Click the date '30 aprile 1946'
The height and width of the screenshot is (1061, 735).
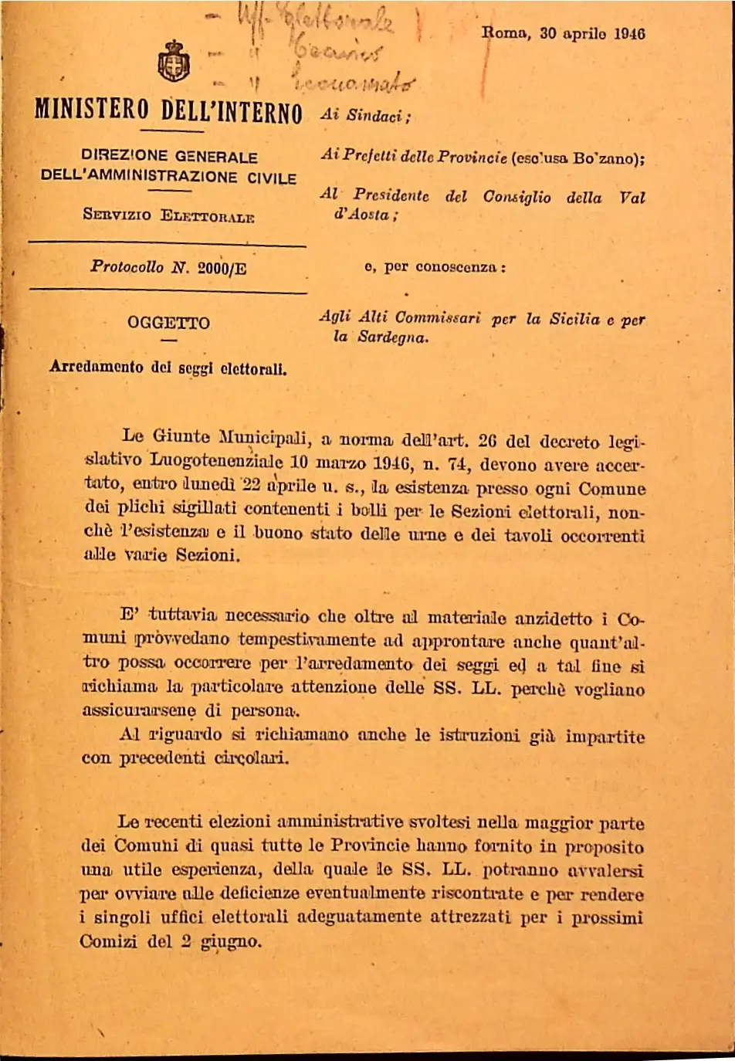592,33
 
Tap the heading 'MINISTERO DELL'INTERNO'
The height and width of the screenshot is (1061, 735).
168,111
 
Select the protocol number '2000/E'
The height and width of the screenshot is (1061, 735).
222,268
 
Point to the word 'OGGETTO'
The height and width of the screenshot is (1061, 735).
168,323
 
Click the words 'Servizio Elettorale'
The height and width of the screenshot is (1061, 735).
168,215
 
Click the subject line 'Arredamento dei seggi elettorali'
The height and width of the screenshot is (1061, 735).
168,368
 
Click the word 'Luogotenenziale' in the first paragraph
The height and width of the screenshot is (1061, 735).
216,463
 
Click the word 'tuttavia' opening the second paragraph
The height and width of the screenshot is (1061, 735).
183,616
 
